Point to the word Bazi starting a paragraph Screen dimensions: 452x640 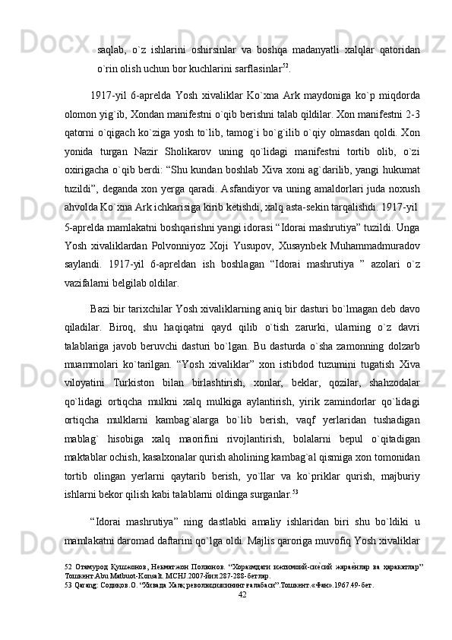tap(100, 304)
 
